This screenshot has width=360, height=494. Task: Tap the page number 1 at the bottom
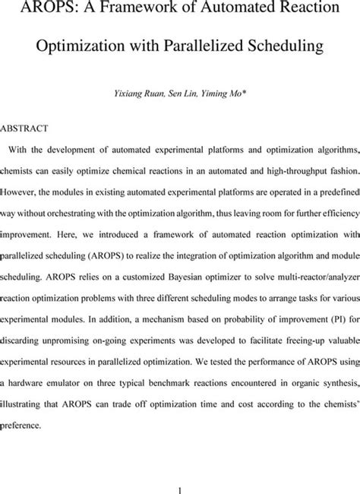[x=179, y=471]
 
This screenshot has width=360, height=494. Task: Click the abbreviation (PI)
[x=324, y=307]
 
